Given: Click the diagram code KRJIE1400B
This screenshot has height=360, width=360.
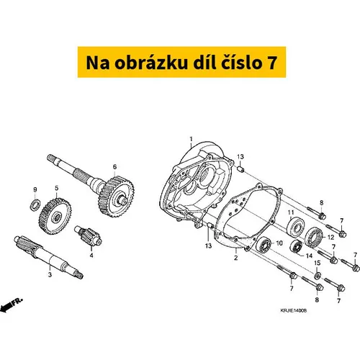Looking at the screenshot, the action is tap(294, 310).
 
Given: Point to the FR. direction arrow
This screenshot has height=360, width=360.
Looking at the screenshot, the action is tap(11, 305).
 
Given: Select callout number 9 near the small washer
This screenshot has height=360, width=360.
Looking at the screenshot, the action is tap(35, 190).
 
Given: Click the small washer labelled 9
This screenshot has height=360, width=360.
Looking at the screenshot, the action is tap(35, 204).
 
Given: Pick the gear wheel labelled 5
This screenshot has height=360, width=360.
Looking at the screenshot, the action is tap(55, 216).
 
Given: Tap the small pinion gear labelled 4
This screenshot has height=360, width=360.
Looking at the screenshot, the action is tap(88, 235).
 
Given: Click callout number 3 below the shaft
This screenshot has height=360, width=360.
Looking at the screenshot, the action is tap(50, 274).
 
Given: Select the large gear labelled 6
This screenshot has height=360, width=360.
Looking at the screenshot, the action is tap(117, 197).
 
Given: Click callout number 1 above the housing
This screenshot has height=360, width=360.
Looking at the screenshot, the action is tap(191, 139).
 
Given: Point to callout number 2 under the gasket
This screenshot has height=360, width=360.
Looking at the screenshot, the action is tap(236, 258).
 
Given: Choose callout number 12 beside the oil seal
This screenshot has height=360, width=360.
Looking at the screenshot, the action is tap(330, 238).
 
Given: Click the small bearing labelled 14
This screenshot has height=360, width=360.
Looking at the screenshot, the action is tap(297, 246).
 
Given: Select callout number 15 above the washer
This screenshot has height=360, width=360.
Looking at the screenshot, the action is tap(317, 263).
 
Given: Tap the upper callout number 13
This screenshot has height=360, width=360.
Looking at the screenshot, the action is tap(240, 157).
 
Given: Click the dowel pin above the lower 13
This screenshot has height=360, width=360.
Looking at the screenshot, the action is tap(210, 226).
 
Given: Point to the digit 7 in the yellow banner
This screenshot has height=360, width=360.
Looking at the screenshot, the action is tap(271, 63).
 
